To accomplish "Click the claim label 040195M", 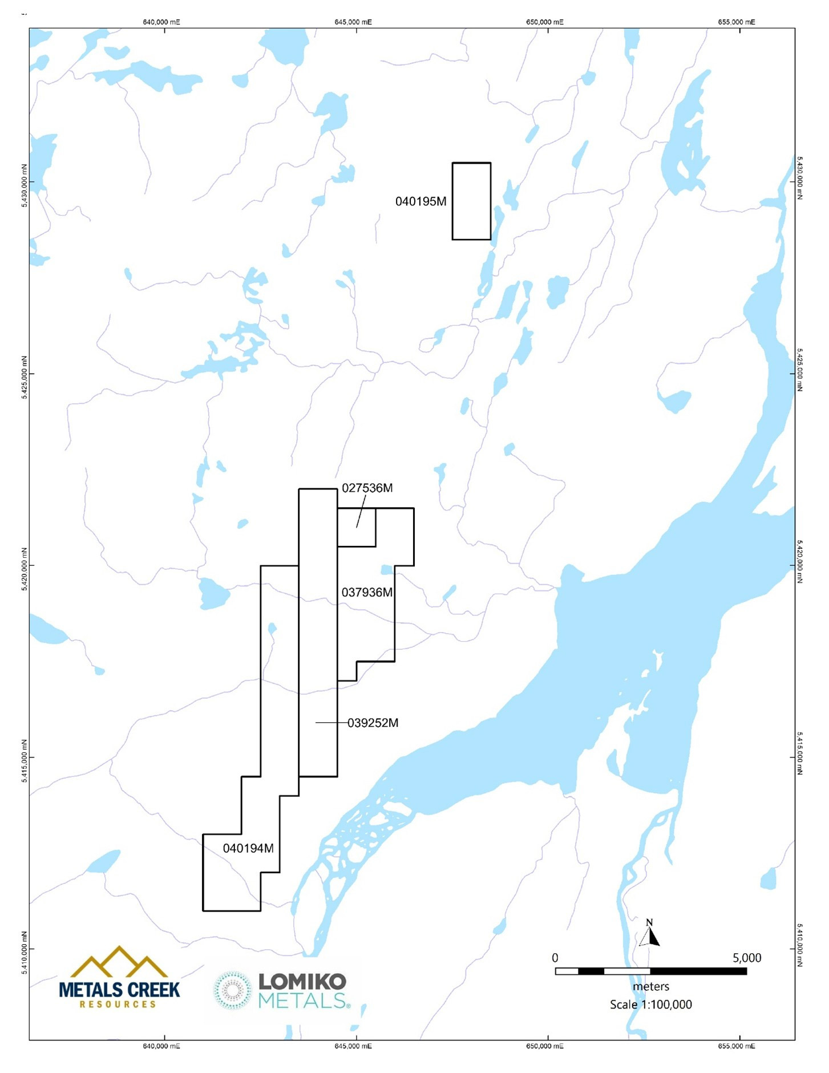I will (x=420, y=201).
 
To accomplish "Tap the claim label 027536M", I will (x=367, y=488).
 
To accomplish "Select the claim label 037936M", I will (x=367, y=593).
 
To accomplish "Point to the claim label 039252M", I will (x=373, y=723).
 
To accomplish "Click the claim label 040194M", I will (x=248, y=849).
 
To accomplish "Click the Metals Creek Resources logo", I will (x=119, y=979).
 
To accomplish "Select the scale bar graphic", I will (x=650, y=971).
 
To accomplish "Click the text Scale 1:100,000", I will (x=650, y=1005).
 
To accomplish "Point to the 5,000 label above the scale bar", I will (x=746, y=958).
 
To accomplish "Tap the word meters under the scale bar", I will (x=650, y=987).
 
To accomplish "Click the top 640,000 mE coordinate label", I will (x=161, y=22).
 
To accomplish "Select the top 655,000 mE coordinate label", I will (x=736, y=22).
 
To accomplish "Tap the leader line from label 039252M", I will (x=331, y=723).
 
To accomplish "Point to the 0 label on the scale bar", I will (x=555, y=958).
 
